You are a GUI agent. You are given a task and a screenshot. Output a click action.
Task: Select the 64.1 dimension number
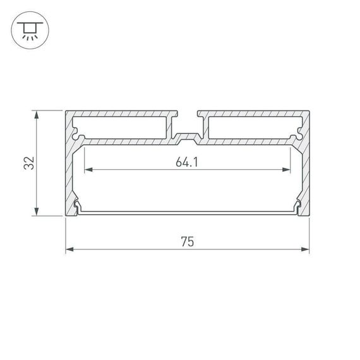coord(188,162)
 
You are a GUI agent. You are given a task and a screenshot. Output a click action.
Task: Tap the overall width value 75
coord(187,241)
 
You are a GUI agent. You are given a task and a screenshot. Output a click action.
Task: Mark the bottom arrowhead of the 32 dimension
coord(37,213)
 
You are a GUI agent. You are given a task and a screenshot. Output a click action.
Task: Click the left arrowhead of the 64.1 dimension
coord(88,170)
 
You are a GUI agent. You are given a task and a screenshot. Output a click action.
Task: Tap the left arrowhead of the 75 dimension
coord(69,249)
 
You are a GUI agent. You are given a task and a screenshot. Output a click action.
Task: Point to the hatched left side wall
coord(69,171)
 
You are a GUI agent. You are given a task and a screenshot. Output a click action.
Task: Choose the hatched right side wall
coord(306,171)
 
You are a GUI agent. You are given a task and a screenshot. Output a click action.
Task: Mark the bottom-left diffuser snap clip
coord(77,205)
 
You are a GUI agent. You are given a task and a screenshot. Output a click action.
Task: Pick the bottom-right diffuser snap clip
coord(297,205)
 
